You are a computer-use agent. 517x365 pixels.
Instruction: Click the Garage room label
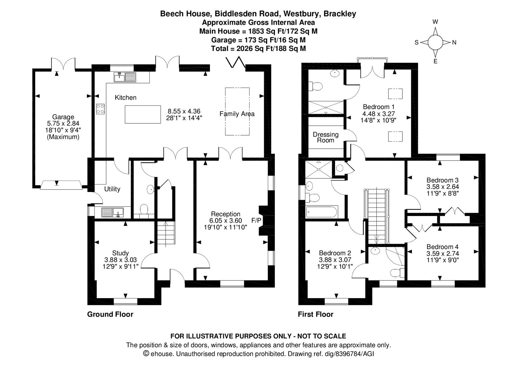tap(63, 117)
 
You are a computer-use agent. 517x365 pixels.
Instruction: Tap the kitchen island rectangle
tap(143, 114)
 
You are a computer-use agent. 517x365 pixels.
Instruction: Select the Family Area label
tap(237, 114)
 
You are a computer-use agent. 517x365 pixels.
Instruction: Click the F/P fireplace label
tap(256, 221)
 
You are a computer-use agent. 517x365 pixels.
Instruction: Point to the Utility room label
tap(112, 189)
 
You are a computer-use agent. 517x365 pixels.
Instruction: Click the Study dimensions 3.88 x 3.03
tap(120, 260)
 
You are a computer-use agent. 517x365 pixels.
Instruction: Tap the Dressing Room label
tap(325, 137)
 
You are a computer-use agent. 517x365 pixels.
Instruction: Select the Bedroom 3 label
tap(442, 180)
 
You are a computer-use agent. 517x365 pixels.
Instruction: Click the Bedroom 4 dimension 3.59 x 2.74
tap(442, 253)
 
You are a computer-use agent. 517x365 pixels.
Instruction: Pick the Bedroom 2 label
tap(335, 253)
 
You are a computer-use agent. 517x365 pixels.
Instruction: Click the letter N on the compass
tap(454, 43)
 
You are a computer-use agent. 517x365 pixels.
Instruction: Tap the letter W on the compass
tap(435, 22)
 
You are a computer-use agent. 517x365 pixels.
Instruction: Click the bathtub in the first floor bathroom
tap(322, 212)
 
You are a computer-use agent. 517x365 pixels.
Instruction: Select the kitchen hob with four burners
tap(100, 108)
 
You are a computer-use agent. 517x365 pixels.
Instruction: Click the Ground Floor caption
tap(110, 314)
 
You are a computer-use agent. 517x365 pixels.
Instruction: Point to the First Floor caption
tap(315, 314)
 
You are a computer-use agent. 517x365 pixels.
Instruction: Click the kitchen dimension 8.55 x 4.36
tap(184, 111)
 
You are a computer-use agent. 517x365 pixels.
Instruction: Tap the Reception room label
tap(226, 214)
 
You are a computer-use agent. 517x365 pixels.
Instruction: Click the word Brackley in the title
tap(339, 14)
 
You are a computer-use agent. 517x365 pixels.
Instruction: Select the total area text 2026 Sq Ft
tap(257, 49)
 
